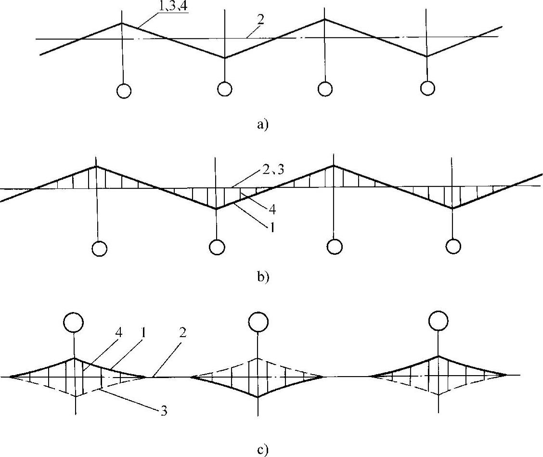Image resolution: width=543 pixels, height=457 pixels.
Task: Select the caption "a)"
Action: click(262, 125)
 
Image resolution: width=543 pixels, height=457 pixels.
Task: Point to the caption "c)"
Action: click(262, 450)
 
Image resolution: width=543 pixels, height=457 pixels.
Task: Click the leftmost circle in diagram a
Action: click(124, 91)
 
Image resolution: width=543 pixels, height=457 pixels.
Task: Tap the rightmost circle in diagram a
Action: click(427, 88)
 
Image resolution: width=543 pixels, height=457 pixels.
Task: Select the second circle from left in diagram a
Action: click(224, 89)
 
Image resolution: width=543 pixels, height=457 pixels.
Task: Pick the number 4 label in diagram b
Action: click(273, 211)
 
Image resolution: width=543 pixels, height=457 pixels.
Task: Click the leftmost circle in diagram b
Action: click(99, 248)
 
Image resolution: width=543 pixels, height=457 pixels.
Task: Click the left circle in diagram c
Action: click(75, 322)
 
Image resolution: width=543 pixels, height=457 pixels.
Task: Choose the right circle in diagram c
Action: click(438, 320)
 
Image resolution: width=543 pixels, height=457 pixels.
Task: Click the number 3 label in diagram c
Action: click(164, 412)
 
